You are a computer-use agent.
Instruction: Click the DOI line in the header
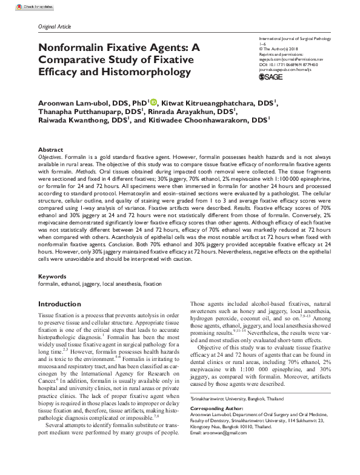(x=289, y=64)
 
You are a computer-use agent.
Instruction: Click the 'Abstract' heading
(x=50, y=149)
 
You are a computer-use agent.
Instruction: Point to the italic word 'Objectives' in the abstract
(x=51, y=157)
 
